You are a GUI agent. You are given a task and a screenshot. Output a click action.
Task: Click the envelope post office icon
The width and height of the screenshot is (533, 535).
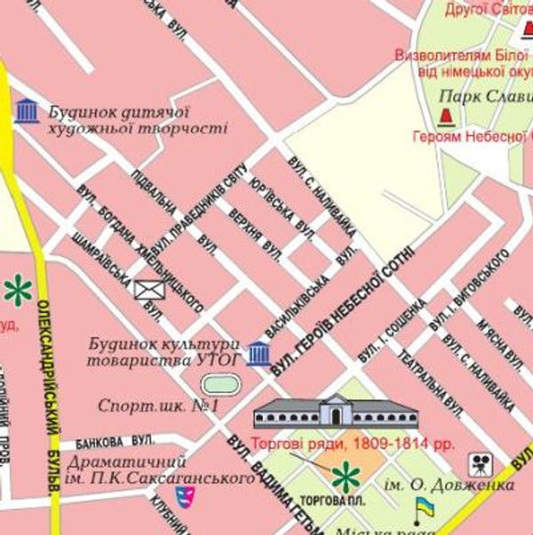(x=149, y=288)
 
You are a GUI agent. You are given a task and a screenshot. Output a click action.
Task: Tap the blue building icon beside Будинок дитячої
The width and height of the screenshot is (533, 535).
(x=27, y=112)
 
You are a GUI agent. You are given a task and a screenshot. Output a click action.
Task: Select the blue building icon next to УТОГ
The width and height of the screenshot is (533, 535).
(x=259, y=353)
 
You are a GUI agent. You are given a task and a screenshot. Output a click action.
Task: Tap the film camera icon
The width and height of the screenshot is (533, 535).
(x=480, y=464)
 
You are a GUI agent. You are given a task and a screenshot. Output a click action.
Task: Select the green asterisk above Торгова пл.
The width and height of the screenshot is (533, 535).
(x=345, y=477)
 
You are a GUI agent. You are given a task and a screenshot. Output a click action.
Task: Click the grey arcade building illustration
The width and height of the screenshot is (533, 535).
(x=335, y=412)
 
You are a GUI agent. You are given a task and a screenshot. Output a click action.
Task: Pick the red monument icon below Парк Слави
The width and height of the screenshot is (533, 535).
(x=446, y=115)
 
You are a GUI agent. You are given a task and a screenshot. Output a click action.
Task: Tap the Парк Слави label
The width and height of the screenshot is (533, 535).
(x=484, y=96)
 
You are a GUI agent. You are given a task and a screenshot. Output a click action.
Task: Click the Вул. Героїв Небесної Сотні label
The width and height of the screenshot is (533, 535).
(x=343, y=310)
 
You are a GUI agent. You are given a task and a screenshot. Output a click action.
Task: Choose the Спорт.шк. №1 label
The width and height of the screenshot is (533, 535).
(x=158, y=405)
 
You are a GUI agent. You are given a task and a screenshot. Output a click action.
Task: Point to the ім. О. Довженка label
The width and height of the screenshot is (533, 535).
(x=449, y=485)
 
